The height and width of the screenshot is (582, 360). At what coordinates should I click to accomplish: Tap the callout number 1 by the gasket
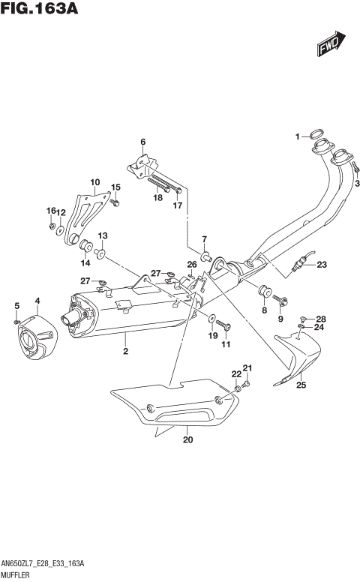(298, 136)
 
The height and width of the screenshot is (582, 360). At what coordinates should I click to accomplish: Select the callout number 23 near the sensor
(322, 264)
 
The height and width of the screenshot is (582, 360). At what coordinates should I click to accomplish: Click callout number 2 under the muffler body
(126, 351)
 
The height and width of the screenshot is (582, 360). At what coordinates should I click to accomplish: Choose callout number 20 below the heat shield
(187, 440)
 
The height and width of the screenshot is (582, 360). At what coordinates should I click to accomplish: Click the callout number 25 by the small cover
(301, 385)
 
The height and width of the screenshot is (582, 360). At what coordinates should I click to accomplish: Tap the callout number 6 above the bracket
(142, 141)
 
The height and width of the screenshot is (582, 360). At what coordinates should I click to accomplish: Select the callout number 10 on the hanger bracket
(94, 182)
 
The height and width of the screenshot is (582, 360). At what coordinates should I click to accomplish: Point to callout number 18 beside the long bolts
(158, 198)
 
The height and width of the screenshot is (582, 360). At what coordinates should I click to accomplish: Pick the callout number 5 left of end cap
(16, 304)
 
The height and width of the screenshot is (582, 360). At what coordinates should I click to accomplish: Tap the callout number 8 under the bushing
(263, 309)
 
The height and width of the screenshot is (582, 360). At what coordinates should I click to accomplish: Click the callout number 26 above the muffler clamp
(192, 264)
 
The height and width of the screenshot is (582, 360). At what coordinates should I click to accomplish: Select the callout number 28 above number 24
(321, 318)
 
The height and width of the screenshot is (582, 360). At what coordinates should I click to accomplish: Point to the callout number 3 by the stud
(357, 184)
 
